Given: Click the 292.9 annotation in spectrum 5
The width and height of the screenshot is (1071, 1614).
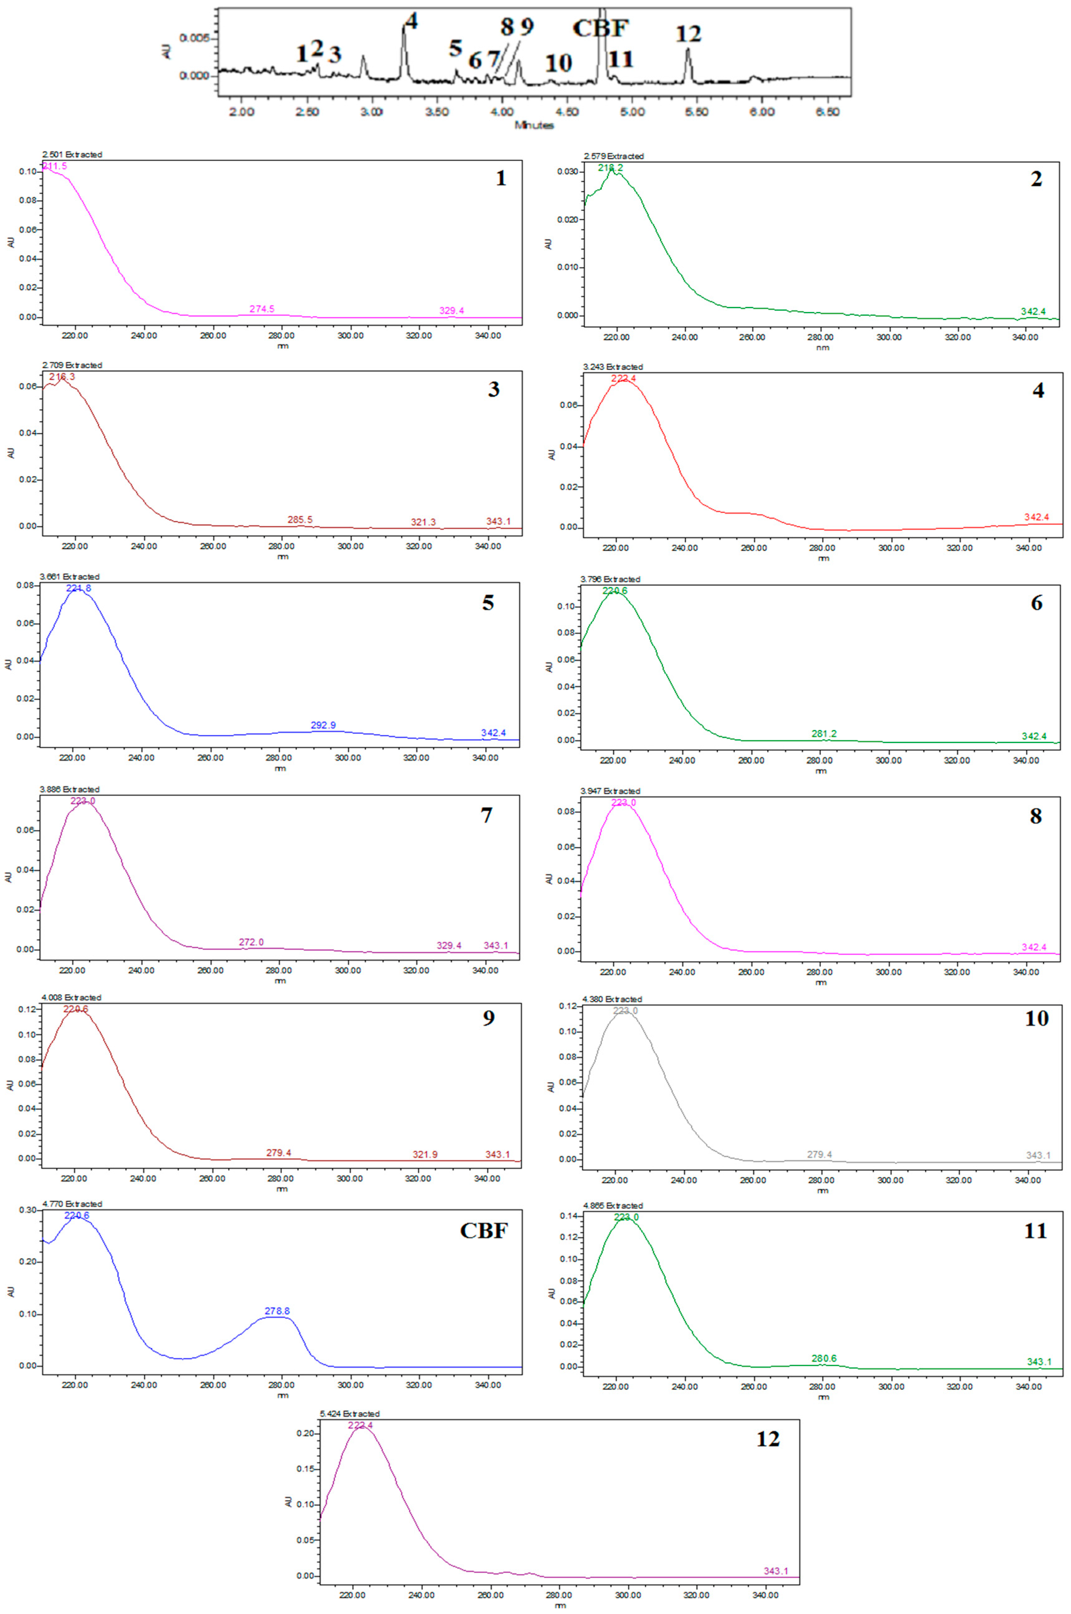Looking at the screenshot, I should coord(323,725).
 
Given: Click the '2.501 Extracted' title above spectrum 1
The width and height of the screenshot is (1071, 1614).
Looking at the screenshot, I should coord(72,154).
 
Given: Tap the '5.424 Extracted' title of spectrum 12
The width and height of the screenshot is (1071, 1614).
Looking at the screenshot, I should coord(350,1413).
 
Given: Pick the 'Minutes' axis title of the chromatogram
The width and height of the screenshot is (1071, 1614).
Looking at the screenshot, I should coord(534,125).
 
